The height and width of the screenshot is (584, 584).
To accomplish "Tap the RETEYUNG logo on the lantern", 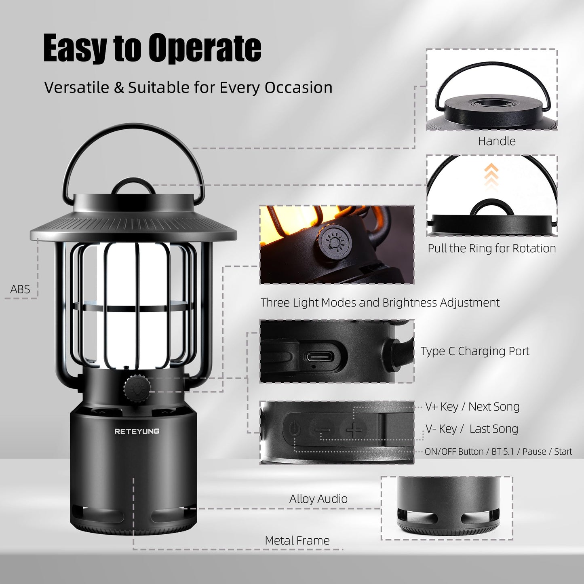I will click(x=137, y=431).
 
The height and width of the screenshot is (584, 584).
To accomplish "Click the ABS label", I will click(x=20, y=289).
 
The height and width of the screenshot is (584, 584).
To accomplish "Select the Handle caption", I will click(x=497, y=141).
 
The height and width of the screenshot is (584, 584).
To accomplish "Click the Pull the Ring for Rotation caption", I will click(x=492, y=248).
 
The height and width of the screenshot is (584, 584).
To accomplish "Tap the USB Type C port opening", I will click(x=320, y=356).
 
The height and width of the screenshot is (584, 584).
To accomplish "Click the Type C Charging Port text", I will click(x=475, y=351).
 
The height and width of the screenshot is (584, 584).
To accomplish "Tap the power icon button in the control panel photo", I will click(x=295, y=428).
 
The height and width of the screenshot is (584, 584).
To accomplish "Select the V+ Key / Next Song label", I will click(x=472, y=407).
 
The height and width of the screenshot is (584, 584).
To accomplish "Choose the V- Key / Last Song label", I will click(x=472, y=429).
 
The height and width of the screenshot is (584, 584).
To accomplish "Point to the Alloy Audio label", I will click(x=318, y=499).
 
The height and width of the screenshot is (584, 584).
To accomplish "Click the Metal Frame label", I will click(x=297, y=540).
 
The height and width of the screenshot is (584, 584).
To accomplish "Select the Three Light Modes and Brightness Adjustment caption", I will click(x=379, y=302).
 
